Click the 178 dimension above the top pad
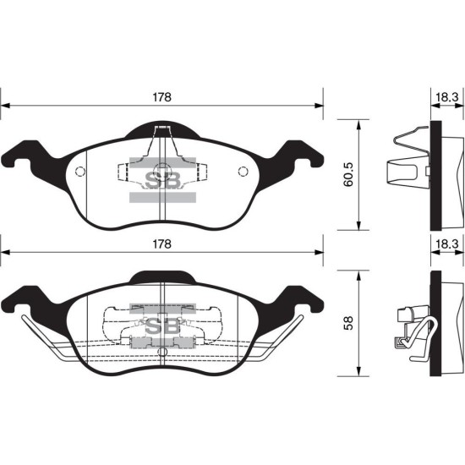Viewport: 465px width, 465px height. (x=162, y=97)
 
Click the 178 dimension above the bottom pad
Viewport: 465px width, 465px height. (x=162, y=244)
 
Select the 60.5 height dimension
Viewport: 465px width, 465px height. (x=348, y=174)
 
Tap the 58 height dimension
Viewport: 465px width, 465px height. (x=348, y=323)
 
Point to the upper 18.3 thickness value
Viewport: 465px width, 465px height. (x=447, y=97)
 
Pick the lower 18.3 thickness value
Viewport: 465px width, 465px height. (x=447, y=244)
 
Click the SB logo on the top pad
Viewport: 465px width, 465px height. (x=163, y=180)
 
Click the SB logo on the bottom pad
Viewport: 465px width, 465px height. (x=163, y=327)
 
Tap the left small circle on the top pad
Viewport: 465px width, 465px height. (x=80, y=171)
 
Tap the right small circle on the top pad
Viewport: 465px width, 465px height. (x=243, y=171)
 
